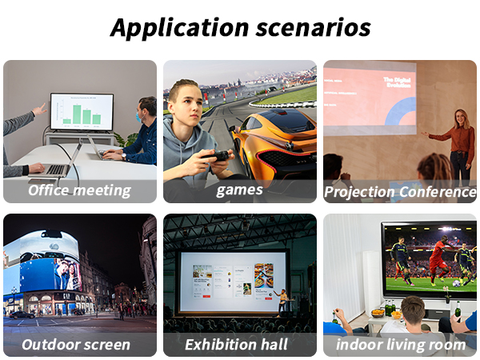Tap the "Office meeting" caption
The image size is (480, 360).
79,190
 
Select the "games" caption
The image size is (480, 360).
239,190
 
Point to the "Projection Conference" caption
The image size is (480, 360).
400,192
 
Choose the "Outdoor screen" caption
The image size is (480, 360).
76,345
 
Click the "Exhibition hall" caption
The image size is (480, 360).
237,345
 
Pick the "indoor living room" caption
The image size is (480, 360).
401,345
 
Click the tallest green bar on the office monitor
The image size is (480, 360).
77,114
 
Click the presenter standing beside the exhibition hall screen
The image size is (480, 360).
282,299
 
